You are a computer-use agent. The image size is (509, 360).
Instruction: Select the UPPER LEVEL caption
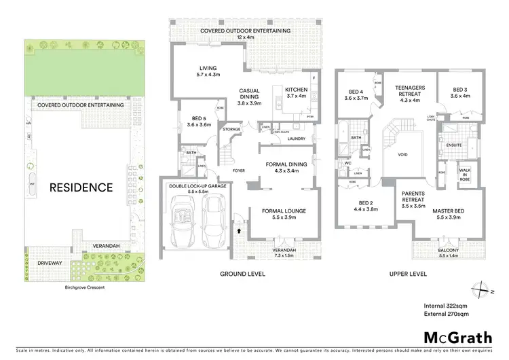[x=407, y=274]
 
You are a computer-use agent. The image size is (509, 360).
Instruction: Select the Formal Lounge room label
[x=284, y=215]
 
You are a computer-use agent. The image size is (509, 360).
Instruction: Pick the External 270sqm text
[x=445, y=315]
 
